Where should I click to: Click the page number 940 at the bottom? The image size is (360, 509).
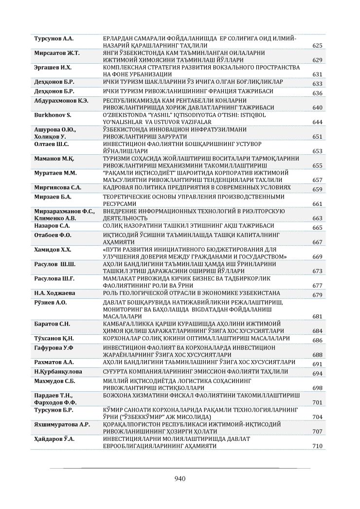[180, 478]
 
